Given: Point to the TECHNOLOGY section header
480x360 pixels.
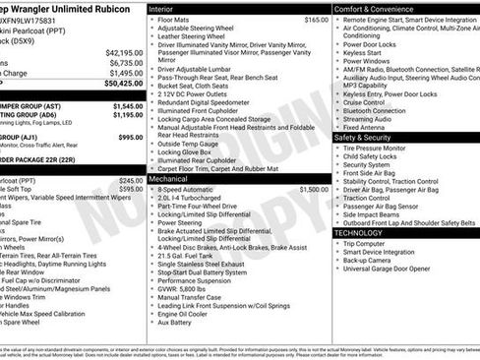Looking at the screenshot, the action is [x=364, y=232].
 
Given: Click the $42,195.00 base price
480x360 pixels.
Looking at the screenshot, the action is [x=124, y=52].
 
